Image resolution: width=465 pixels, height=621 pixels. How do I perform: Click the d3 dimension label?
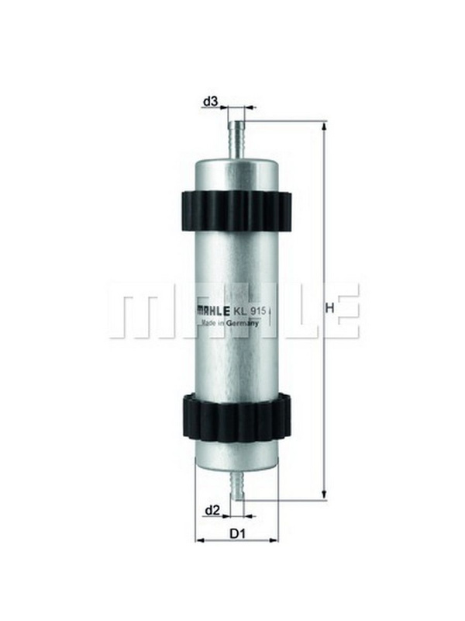(210, 102)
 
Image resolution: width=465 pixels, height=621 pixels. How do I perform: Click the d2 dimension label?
(212, 511)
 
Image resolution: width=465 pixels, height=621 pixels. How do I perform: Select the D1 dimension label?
(238, 534)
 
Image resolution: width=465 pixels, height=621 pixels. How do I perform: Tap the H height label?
(329, 307)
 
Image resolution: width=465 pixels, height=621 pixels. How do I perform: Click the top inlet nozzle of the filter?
(236, 141)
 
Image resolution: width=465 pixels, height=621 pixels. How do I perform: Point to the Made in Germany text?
(230, 323)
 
